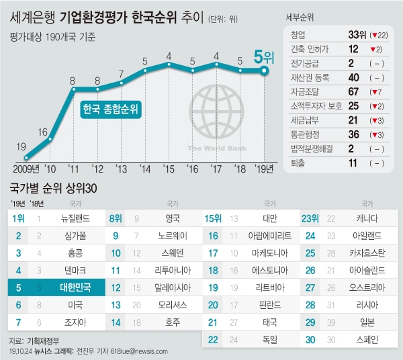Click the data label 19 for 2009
tap(21, 146)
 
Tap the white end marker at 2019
tap(265, 69)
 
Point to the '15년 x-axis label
tap(169, 169)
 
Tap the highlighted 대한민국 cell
tap(69, 287)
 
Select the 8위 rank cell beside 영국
tap(116, 218)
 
